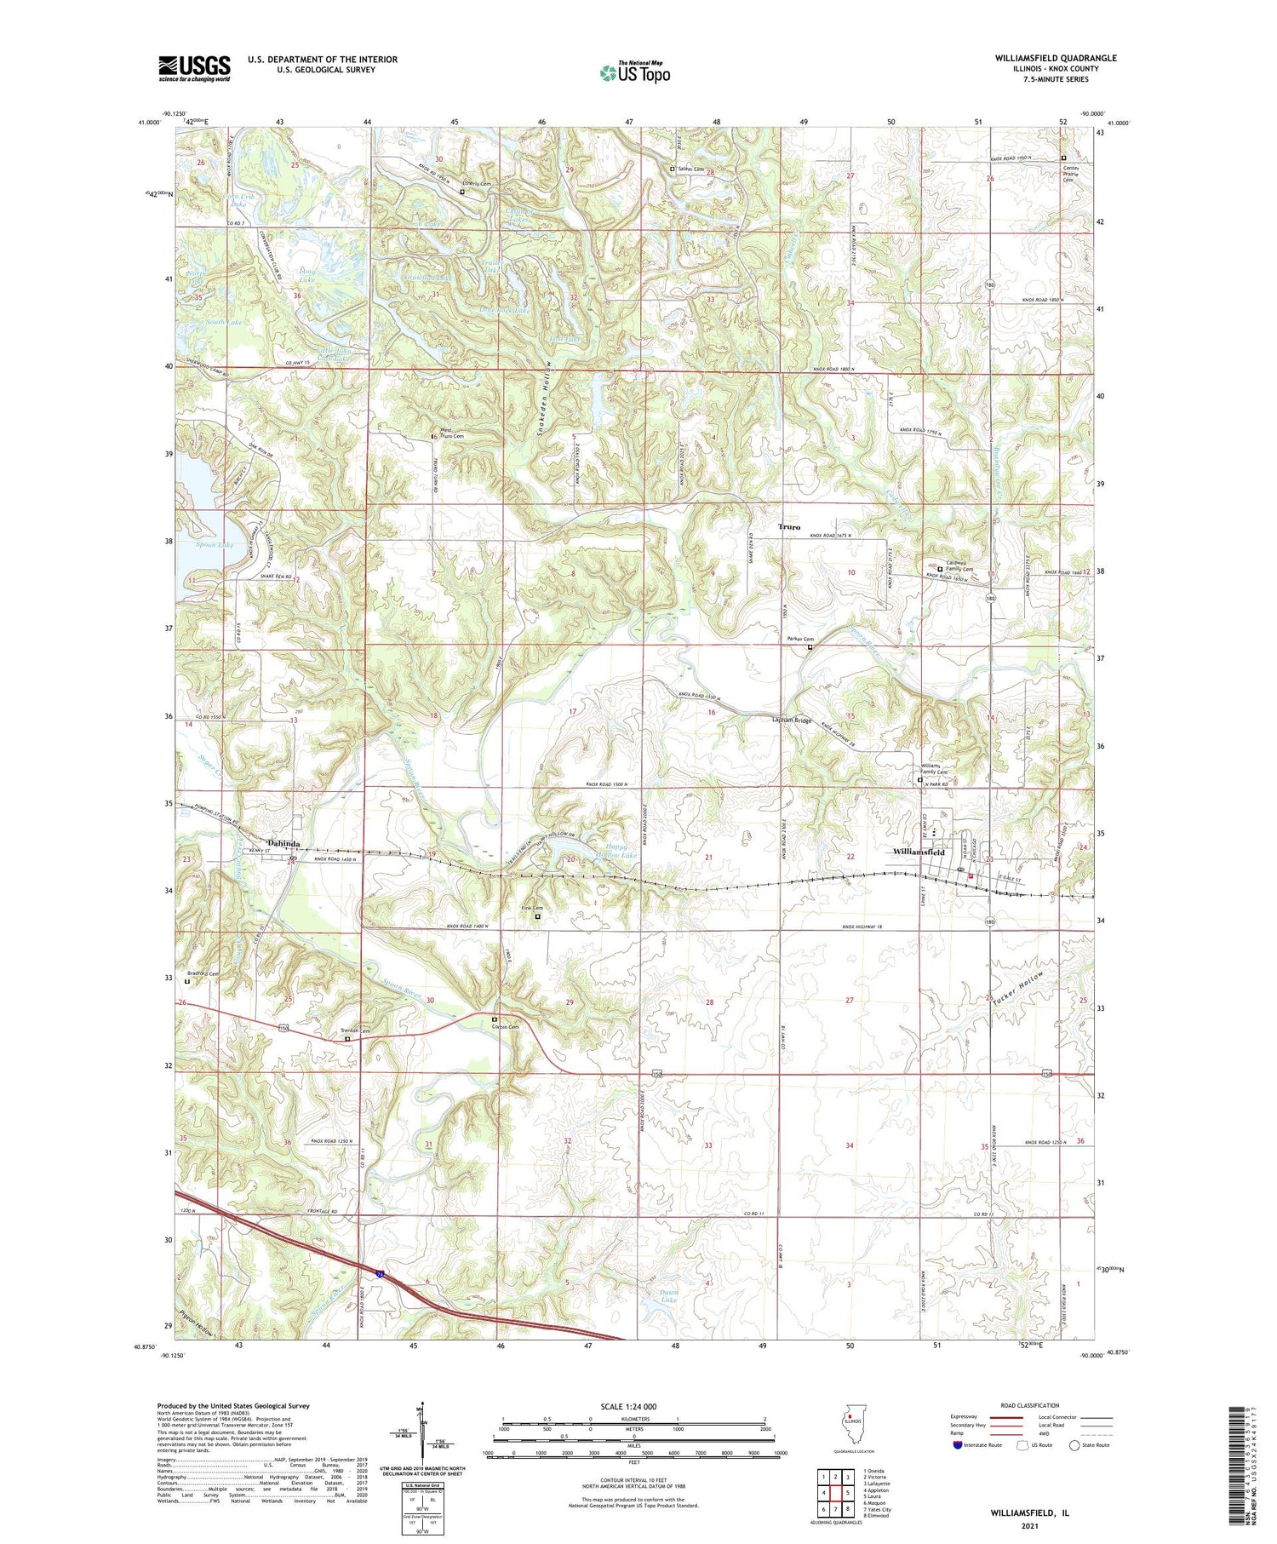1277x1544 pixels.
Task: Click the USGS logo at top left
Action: pyautogui.click(x=194, y=68)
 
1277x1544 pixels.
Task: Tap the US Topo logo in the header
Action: pyautogui.click(x=634, y=72)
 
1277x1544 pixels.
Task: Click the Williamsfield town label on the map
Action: pyautogui.click(x=919, y=852)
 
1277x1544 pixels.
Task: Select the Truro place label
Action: pyautogui.click(x=789, y=527)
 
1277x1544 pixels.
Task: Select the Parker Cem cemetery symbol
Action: pyautogui.click(x=810, y=647)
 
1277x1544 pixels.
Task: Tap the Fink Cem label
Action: pyautogui.click(x=532, y=908)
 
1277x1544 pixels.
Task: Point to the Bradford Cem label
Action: pyautogui.click(x=203, y=973)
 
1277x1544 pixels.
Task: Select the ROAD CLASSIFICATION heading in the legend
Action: pyautogui.click(x=1022, y=1405)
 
